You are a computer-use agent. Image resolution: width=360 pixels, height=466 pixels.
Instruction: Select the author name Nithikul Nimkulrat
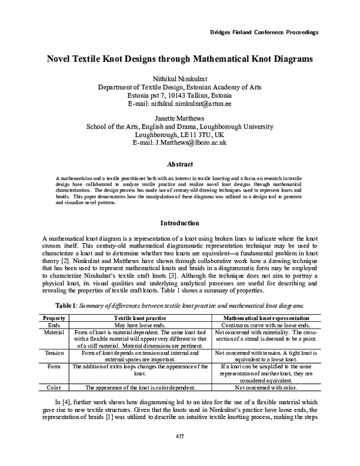pyautogui.click(x=181, y=79)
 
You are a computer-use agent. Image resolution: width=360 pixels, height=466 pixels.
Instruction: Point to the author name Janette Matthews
pyautogui.click(x=181, y=119)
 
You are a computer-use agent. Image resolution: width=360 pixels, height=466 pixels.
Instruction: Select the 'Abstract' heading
pyautogui.click(x=180, y=165)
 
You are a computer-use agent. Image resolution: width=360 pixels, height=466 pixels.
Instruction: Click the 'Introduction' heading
pyautogui.click(x=180, y=223)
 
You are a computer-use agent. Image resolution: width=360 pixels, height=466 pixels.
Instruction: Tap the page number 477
pyautogui.click(x=180, y=452)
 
